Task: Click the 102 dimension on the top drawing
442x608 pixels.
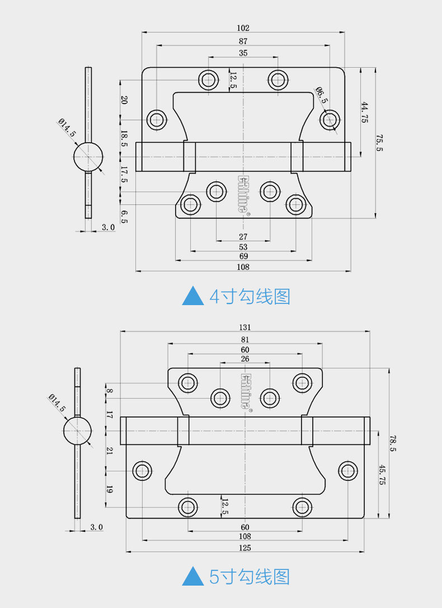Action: [243, 28]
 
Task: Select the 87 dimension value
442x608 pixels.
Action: [243, 41]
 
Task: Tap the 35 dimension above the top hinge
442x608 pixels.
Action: [243, 53]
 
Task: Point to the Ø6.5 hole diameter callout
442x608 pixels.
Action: [321, 95]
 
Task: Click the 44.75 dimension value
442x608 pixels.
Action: [365, 113]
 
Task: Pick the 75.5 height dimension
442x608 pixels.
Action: [379, 143]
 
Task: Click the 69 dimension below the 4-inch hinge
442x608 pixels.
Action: [243, 256]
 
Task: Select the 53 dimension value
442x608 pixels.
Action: [243, 247]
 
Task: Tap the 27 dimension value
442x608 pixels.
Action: [243, 236]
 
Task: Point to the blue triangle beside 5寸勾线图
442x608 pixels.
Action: [193, 576]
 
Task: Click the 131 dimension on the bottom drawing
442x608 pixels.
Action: [245, 328]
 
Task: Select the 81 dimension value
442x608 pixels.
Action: [245, 340]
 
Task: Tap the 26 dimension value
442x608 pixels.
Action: [245, 359]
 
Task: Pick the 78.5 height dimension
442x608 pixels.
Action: [393, 443]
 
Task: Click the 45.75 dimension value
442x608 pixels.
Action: [382, 475]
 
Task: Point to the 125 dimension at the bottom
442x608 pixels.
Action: [245, 548]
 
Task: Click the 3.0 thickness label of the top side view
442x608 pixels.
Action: [109, 227]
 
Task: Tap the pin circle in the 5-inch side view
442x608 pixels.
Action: [77, 431]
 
